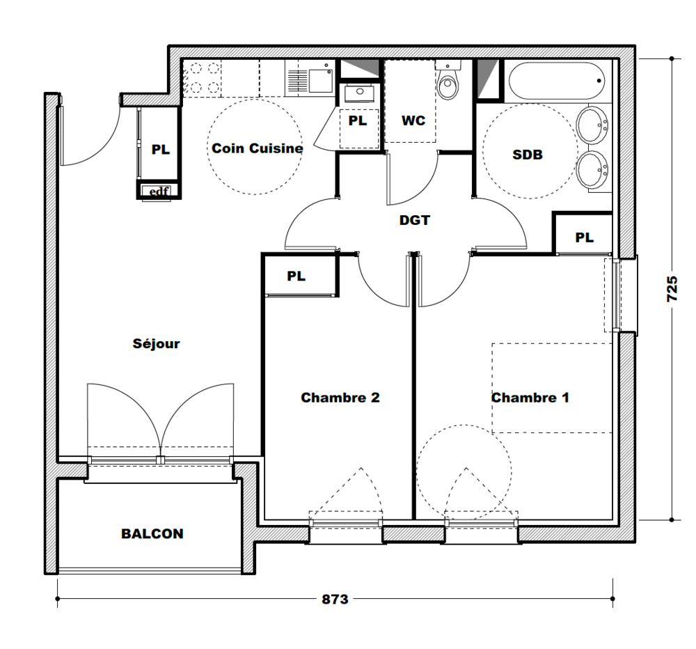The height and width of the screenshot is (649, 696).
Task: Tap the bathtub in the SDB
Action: (x=556, y=81)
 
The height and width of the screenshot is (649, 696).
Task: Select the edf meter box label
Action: (x=159, y=191)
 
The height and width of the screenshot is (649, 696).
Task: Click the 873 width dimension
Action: (x=335, y=600)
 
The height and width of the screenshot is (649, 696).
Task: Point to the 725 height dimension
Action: (x=672, y=289)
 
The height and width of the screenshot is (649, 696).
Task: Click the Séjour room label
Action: (x=156, y=343)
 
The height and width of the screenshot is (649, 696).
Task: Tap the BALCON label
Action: (x=152, y=533)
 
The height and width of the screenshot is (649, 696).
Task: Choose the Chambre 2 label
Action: (x=340, y=397)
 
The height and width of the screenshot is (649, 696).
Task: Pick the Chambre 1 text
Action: (x=530, y=397)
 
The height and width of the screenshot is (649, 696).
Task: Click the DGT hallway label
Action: (x=415, y=220)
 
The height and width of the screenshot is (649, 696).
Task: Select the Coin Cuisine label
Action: (x=258, y=148)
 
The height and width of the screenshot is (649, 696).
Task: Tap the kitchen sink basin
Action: (x=320, y=80)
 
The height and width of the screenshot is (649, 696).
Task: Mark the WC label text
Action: (x=413, y=120)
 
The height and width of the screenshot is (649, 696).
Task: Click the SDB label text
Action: (x=528, y=155)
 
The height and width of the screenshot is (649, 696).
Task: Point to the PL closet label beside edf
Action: (x=161, y=149)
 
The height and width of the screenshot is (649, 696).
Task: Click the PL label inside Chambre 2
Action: (x=296, y=276)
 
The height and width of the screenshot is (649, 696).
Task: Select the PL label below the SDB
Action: (x=584, y=237)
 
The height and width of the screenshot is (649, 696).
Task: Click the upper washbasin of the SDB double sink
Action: (x=592, y=125)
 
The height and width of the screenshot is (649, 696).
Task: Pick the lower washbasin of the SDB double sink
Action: (x=592, y=169)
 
